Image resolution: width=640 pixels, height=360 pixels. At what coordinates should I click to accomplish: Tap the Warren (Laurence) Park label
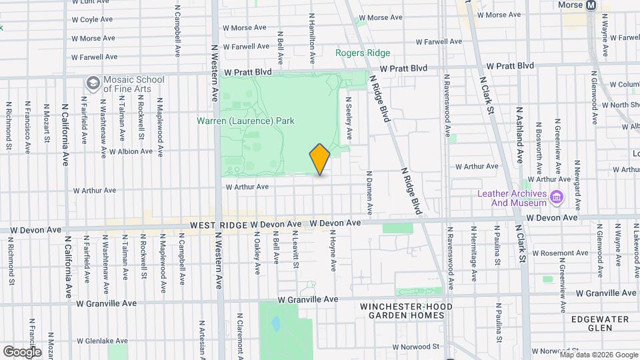click(245, 121)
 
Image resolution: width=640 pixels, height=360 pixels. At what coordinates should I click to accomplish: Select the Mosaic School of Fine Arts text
click(134, 84)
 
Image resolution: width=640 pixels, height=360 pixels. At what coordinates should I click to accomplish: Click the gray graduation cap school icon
click(93, 84)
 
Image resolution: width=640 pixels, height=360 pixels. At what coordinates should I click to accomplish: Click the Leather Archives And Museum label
click(511, 198)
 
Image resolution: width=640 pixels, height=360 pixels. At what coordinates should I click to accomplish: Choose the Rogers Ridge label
click(363, 53)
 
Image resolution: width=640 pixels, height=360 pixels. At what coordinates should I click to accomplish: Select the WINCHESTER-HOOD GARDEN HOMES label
click(406, 311)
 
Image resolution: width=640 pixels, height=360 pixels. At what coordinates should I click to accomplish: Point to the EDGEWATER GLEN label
click(600, 323)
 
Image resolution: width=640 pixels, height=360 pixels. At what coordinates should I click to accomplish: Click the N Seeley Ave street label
click(348, 119)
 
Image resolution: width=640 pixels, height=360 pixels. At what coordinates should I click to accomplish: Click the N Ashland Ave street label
click(519, 135)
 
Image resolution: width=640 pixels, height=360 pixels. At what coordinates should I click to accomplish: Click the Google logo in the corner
click(22, 351)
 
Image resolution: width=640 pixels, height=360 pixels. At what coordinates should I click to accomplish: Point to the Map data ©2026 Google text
click(598, 355)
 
